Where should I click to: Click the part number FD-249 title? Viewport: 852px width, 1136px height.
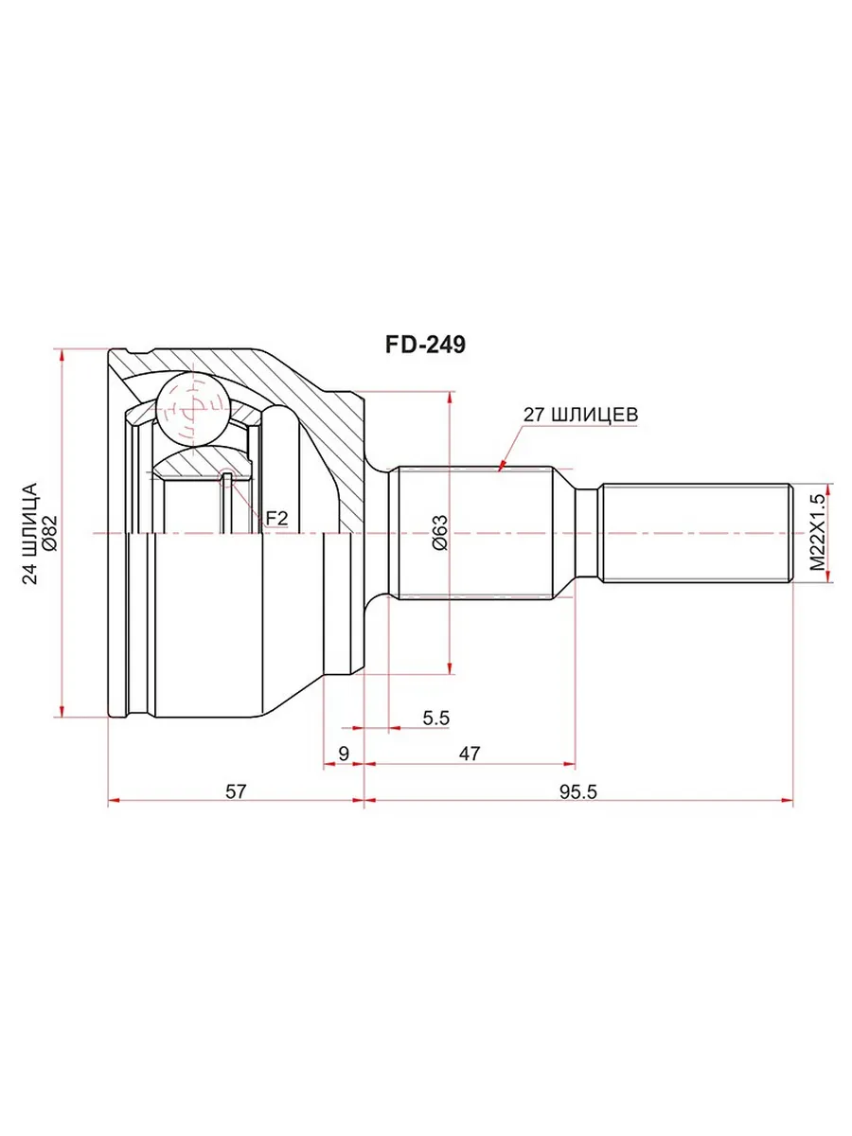click(x=425, y=345)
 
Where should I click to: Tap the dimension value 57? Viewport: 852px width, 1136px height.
click(x=235, y=791)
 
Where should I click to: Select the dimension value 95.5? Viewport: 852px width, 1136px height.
click(x=577, y=791)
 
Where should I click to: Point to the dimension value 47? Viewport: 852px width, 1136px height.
click(x=469, y=753)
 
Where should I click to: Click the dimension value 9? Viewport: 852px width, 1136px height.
click(x=344, y=753)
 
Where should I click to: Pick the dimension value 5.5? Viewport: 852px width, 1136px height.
click(x=435, y=718)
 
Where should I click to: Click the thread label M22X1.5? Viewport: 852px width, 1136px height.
click(x=817, y=532)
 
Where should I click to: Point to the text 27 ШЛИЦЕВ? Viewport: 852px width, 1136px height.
click(x=580, y=415)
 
